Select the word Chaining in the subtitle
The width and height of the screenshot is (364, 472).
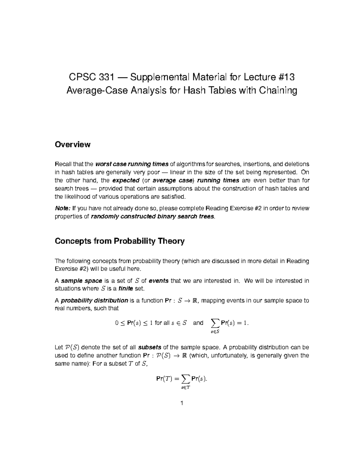click(278, 91)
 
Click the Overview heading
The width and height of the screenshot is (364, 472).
click(72, 144)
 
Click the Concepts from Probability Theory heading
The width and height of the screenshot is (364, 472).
click(120, 241)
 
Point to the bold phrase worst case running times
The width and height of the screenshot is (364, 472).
click(132, 164)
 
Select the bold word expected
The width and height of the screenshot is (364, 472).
click(126, 181)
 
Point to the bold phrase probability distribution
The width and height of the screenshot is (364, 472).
click(94, 301)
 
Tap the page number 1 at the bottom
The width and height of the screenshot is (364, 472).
click(182, 403)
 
